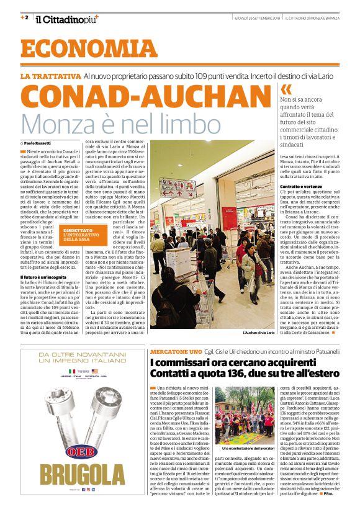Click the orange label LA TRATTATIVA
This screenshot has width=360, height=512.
tap(50, 76)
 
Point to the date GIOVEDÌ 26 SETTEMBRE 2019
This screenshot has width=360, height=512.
tap(256, 17)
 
